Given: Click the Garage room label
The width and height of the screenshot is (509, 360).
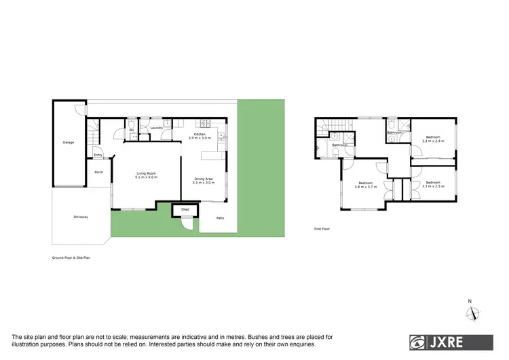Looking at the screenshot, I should [x=69, y=142].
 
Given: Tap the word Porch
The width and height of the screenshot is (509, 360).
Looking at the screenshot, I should [x=98, y=172].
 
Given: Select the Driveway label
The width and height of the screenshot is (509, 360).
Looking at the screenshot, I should [x=81, y=217].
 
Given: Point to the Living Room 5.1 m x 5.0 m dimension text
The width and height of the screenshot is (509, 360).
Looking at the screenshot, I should [x=146, y=178].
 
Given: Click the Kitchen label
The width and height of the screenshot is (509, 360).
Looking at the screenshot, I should [x=200, y=134].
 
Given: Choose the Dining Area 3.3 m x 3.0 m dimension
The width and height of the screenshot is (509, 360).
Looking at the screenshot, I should [x=204, y=183].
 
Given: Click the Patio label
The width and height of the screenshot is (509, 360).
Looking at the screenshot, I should [x=220, y=217].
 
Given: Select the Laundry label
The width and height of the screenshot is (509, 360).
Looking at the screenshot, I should [x=155, y=127].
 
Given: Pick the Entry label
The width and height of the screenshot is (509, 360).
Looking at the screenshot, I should [x=98, y=155].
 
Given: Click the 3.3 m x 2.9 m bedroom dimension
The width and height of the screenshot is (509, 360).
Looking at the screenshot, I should [x=433, y=141].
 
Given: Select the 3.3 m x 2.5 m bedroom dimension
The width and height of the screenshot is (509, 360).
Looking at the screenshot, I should [x=433, y=185].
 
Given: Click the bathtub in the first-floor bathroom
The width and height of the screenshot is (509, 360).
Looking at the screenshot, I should [x=392, y=126].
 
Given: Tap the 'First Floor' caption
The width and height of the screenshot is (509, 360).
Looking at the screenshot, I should [x=322, y=229].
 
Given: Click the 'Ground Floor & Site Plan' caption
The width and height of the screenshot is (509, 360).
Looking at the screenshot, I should [x=71, y=258].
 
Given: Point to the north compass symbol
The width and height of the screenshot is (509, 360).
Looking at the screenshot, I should [x=470, y=312].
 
